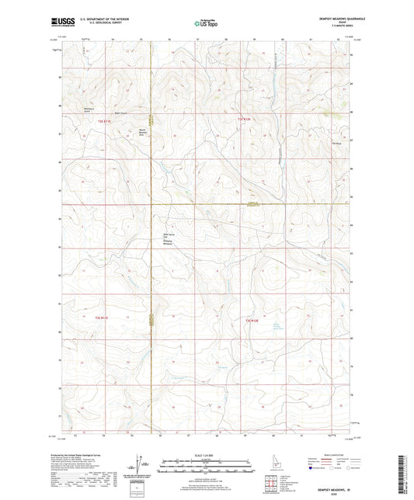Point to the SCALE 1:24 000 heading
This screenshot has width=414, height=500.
point(207,453)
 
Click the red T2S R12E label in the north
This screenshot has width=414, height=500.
point(244,119)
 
